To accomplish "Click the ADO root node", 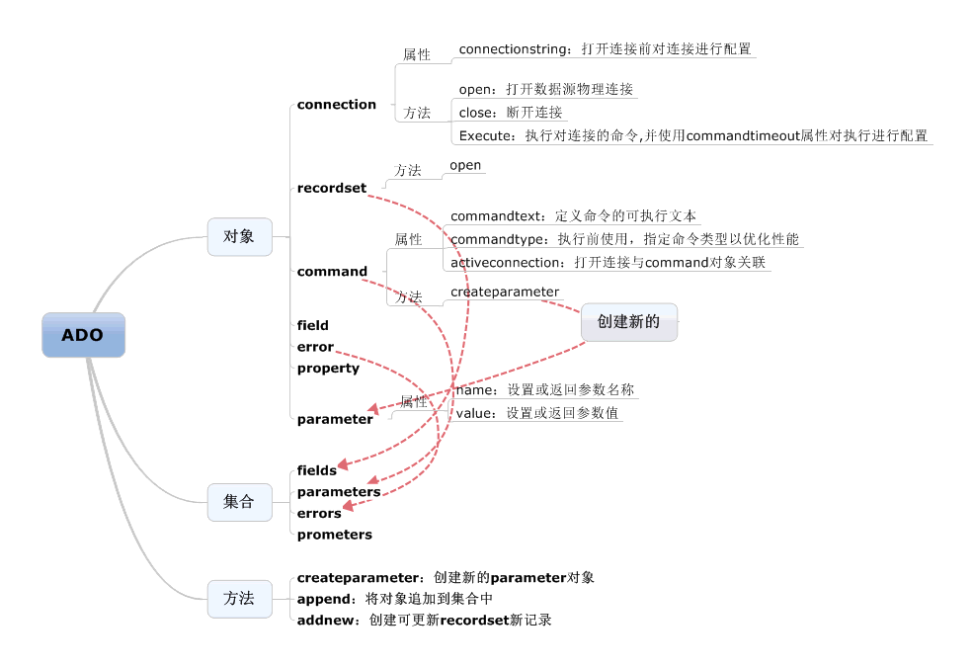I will point(83,335).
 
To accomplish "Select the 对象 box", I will point(239,237).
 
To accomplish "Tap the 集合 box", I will point(239,502).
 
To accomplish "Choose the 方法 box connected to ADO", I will point(239,599).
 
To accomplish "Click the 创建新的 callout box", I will point(628,322).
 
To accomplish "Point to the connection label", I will point(336,105).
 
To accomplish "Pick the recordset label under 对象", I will point(331,188).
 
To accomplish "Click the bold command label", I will point(332,272).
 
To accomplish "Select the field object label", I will point(312,325).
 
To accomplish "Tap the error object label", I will point(315,347).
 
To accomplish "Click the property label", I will point(328,369).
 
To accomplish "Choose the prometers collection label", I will point(334,535).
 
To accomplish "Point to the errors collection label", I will point(318,514).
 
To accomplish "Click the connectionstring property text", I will point(605,48).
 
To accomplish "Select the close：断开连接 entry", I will point(510,113).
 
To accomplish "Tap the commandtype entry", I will point(624,239).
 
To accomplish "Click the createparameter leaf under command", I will point(505,292).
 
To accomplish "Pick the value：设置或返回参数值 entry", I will point(536,413).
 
